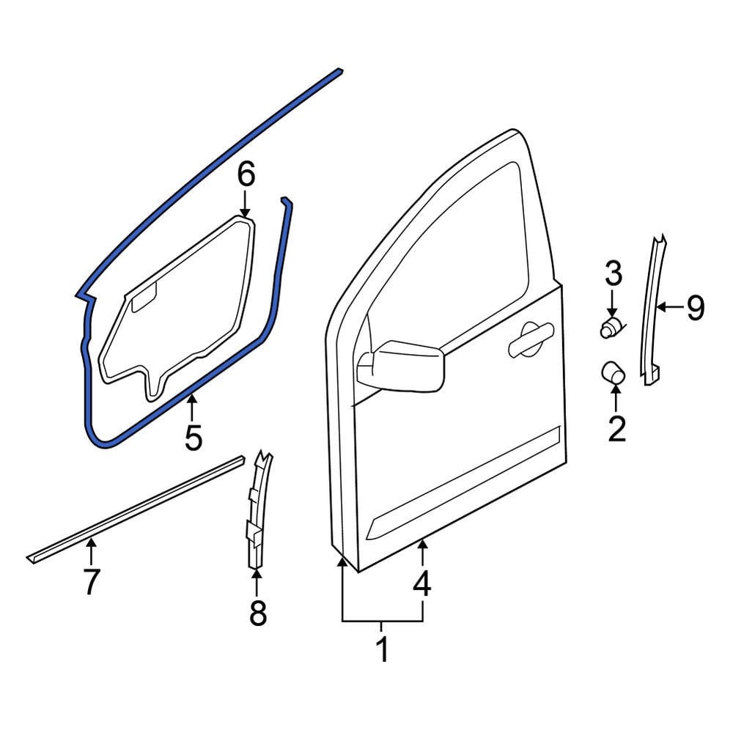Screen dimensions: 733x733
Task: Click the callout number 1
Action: coord(381,649)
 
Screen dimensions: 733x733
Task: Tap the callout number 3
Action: coord(613,275)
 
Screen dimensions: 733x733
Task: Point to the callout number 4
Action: coord(421,585)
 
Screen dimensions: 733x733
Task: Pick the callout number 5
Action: coord(193,438)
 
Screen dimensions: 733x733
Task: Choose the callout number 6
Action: coord(246,175)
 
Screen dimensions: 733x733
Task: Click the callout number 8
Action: coord(257,613)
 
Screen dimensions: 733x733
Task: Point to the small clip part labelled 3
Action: coord(611,327)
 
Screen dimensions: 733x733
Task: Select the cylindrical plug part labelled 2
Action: coord(613,372)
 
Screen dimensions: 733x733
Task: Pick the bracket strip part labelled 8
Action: coord(254,513)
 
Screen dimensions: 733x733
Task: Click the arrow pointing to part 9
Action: coord(668,308)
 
